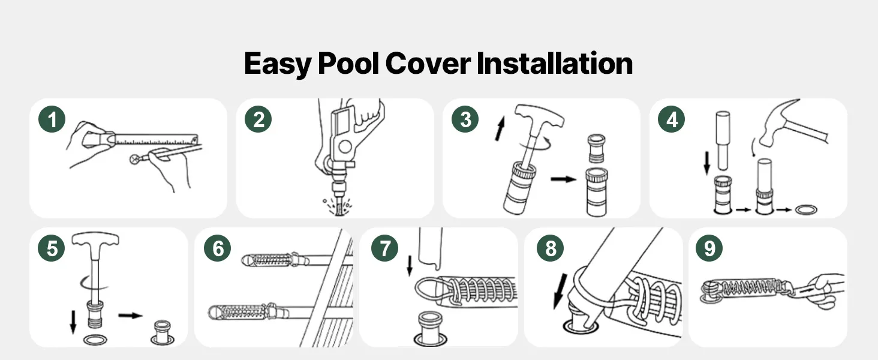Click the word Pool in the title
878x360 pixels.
[x=348, y=63]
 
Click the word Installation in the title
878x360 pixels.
[x=555, y=63]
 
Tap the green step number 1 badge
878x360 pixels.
[x=52, y=119]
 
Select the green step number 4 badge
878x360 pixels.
[x=672, y=119]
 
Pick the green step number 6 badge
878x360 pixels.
[x=218, y=248]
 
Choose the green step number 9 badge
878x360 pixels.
[x=709, y=248]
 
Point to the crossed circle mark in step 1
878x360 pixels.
[x=135, y=159]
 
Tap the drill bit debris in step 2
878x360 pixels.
[x=337, y=206]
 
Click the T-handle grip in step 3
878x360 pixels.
[x=539, y=116]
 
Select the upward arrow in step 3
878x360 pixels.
[x=500, y=128]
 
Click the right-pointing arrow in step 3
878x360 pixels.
[x=563, y=179]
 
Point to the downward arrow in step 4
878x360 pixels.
[x=706, y=163]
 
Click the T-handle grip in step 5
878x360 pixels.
[x=95, y=239]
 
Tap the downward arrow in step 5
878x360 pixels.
[x=73, y=322]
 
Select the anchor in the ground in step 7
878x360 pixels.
[x=430, y=329]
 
